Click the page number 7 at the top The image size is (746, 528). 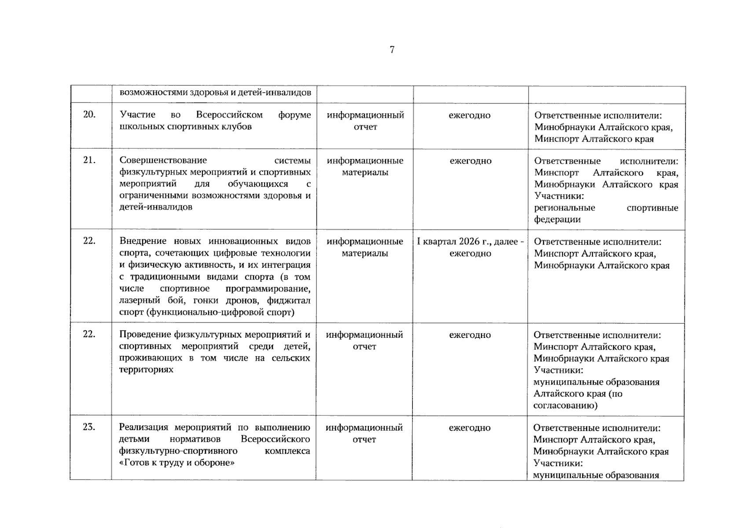pos(392,50)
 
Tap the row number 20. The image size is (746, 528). pos(89,115)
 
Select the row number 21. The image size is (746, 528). pos(89,160)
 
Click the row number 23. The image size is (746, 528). pos(89,427)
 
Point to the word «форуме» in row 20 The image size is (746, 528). pos(294,115)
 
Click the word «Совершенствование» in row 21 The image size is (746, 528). pos(163,160)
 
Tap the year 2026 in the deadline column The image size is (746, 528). pos(469,242)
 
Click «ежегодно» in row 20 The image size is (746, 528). pos(470,115)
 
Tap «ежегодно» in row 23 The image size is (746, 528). pos(470,428)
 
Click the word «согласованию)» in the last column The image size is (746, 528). pos(565,405)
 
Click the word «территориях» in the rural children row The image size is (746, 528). pos(146,370)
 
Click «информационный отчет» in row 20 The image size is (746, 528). pos(365,121)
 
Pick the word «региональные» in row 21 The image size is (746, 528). pos(564,208)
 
